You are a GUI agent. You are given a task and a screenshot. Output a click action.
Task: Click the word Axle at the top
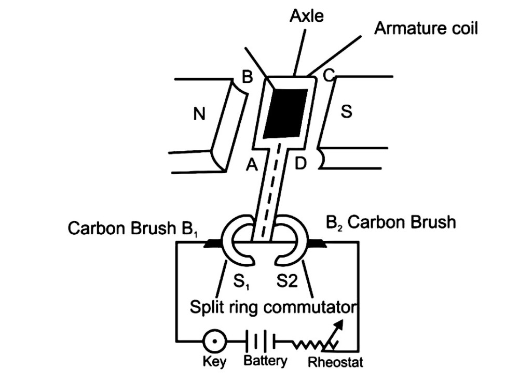pos(307,16)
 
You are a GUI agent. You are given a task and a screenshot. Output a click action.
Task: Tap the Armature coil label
pos(426,28)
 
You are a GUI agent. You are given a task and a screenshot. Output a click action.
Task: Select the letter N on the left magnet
pos(199,114)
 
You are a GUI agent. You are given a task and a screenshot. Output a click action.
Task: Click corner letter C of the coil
pos(328,76)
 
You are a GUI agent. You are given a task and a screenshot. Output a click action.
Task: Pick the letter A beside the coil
pos(252,165)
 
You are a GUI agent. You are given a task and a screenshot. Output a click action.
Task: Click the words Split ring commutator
pos(272,307)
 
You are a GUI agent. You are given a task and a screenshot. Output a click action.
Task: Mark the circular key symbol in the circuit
pos(213,342)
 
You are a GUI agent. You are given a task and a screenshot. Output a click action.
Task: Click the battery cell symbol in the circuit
pos(261,342)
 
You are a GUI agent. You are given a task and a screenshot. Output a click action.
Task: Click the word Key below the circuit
pos(214,362)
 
